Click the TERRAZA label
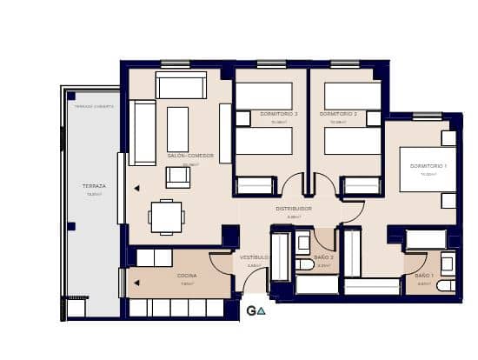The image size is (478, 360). click(x=94, y=186)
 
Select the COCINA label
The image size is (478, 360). click(x=187, y=276)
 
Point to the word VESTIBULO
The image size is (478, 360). click(x=254, y=257)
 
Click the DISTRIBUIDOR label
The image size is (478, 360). click(x=294, y=209)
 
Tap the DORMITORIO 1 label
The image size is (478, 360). click(x=428, y=166)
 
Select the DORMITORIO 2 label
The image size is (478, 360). click(x=338, y=115)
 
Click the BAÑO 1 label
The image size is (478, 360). click(x=424, y=275)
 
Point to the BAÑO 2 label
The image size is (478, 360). click(x=323, y=257)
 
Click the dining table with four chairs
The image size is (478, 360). click(x=166, y=217)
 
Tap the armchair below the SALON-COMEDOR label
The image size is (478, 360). click(x=178, y=177)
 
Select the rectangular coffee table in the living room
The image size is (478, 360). click(x=177, y=129)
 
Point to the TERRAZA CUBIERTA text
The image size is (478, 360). click(x=94, y=106)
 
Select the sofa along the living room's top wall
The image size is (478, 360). click(x=181, y=85)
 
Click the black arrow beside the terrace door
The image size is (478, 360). click(x=136, y=187)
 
